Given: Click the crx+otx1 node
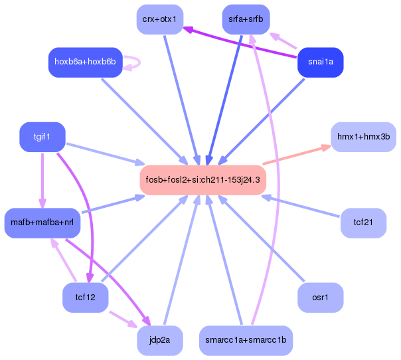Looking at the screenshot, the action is tap(160, 19).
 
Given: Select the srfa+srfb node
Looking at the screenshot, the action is tap(246, 19).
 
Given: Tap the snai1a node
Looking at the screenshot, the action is tap(321, 62).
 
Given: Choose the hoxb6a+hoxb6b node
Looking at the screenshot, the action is tap(85, 62).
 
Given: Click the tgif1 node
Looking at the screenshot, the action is tap(42, 137).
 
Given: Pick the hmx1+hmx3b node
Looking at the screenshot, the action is tap(363, 137).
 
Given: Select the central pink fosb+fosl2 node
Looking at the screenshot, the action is tap(202, 180).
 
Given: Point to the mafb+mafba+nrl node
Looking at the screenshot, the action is tap(42, 223).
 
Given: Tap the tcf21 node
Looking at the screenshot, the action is tap(363, 223).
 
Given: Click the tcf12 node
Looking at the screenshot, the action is tap(85, 298).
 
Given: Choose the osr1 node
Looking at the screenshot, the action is tap(321, 298).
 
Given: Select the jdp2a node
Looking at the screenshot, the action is tap(160, 341).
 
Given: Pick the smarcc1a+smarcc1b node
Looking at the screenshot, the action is tap(246, 341).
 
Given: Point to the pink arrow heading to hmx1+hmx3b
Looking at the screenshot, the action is tap(297, 155).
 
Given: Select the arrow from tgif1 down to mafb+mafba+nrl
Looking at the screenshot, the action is tap(42, 181).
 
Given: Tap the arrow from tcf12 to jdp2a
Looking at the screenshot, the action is tap(123, 319).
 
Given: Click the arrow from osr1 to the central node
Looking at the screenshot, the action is tap(261, 238).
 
